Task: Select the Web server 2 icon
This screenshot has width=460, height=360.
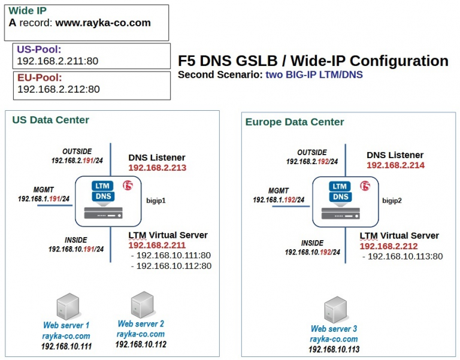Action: pos(141,304)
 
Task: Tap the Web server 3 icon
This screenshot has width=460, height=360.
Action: pos(334,310)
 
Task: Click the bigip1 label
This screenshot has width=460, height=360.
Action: pos(155,200)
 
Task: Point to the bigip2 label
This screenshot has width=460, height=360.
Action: pos(392,200)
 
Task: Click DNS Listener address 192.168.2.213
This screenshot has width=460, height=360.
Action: pos(157,168)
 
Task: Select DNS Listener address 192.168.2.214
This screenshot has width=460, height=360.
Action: pos(395,165)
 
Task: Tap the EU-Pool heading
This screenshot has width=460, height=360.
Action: pos(40,78)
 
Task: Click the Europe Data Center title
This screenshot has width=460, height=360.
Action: pos(295,122)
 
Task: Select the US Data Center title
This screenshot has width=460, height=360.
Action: pos(51,120)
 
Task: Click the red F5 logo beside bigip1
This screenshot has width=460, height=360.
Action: pos(127,184)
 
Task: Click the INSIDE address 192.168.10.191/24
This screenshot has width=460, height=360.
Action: pos(76,249)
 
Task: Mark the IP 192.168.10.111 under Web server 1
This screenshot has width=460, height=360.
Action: pos(66,346)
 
